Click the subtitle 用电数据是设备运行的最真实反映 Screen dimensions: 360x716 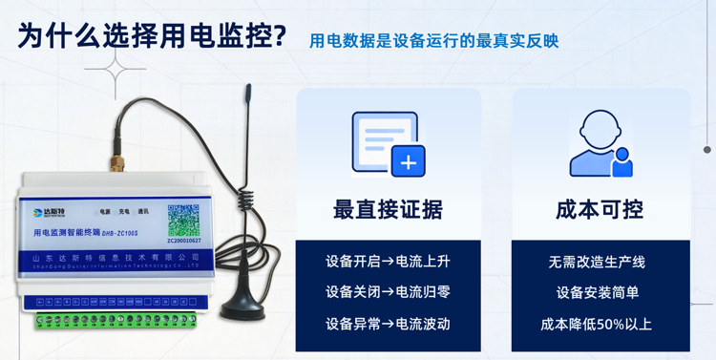pyautogui.click(x=433, y=41)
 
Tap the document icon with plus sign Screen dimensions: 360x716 pyautogui.click(x=388, y=145)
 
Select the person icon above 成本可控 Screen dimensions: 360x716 pyautogui.click(x=600, y=145)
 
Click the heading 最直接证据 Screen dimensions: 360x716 pyautogui.click(x=388, y=210)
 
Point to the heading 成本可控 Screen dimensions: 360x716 pyautogui.click(x=600, y=210)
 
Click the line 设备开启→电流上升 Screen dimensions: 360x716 pyautogui.click(x=388, y=262)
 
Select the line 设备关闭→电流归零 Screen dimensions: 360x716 pyautogui.click(x=388, y=292)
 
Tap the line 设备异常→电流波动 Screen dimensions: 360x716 pyautogui.click(x=388, y=324)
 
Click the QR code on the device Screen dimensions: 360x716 pyautogui.click(x=183, y=220)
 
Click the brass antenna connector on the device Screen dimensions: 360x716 pyautogui.click(x=117, y=161)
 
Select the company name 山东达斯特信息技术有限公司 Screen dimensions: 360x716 pyautogui.click(x=115, y=257)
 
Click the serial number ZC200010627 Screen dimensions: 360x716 pyautogui.click(x=184, y=242)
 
